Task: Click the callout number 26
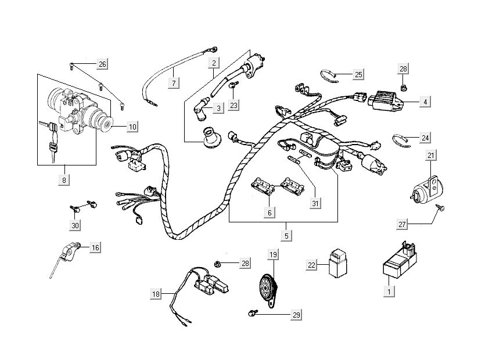[x=102, y=63]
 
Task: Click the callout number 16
[x=95, y=248]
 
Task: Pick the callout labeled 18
[x=155, y=294]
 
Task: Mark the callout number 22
[x=312, y=265]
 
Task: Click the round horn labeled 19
[x=268, y=287]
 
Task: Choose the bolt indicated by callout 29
[x=253, y=312]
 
